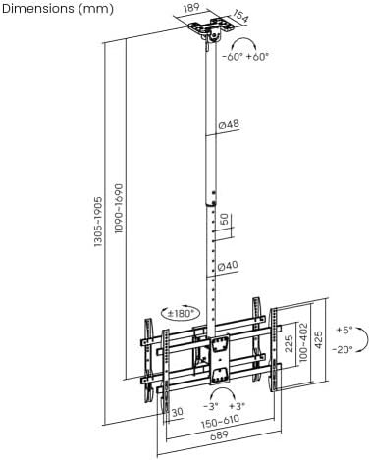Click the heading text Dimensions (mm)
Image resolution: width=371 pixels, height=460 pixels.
tap(58, 9)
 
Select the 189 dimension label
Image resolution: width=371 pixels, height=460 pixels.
tap(191, 8)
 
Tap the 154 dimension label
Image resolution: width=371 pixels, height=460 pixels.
tap(240, 15)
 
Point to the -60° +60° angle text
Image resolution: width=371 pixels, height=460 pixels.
tap(245, 57)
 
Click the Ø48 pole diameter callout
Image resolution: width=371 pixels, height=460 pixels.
tap(229, 125)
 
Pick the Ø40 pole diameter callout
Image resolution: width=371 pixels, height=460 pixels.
tap(228, 266)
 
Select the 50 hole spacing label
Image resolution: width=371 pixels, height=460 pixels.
tap(224, 219)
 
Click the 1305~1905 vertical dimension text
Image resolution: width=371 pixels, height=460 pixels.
tap(98, 222)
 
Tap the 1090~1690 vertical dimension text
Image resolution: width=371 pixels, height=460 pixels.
tap(119, 209)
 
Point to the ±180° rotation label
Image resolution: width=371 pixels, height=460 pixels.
tap(181, 314)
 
